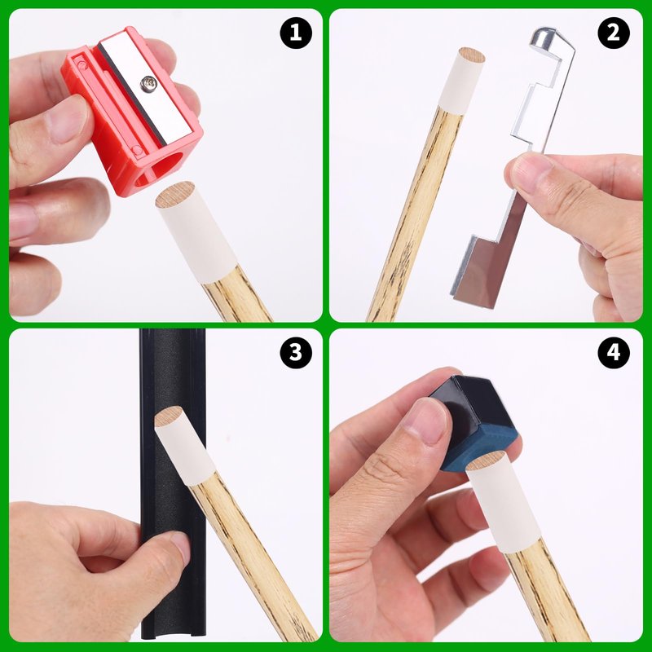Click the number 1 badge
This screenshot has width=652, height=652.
pyautogui.click(x=296, y=33)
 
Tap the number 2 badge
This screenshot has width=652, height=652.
pyautogui.click(x=614, y=33)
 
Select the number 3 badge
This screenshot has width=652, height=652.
pyautogui.click(x=296, y=353)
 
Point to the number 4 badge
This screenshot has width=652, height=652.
pyautogui.click(x=614, y=353)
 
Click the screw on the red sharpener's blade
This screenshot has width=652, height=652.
pyautogui.click(x=148, y=84)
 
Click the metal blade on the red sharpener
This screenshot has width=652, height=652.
pyautogui.click(x=146, y=86)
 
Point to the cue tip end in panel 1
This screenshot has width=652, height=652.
pyautogui.click(x=174, y=195)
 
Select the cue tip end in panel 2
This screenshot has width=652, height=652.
pyautogui.click(x=472, y=55)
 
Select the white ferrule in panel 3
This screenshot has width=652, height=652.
pyautogui.click(x=184, y=447)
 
